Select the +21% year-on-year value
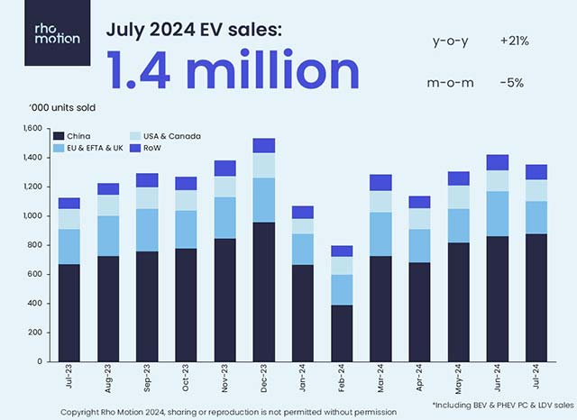(515, 41)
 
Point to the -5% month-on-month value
(511, 83)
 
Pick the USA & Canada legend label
(177, 136)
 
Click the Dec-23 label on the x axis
(264, 379)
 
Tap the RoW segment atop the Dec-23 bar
(264, 145)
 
